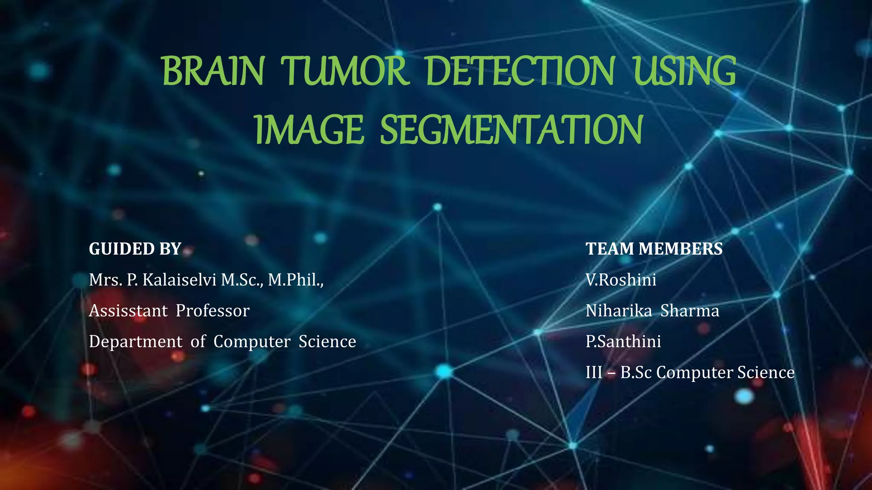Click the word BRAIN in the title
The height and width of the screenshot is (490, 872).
tap(213, 71)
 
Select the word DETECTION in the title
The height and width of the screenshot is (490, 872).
tap(520, 71)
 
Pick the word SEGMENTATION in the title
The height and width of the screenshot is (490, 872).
tap(511, 130)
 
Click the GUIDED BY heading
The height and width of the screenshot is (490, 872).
tap(135, 249)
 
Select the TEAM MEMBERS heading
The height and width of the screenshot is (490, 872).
tap(654, 249)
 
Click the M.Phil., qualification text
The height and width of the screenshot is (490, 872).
tap(295, 280)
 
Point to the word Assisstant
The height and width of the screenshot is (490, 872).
tap(128, 311)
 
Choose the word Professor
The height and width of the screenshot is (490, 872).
tap(212, 311)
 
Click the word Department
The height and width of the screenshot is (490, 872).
tap(135, 342)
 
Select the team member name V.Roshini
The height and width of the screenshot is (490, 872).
tap(621, 280)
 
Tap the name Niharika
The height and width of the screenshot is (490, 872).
tap(619, 311)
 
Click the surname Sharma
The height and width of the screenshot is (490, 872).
tap(690, 311)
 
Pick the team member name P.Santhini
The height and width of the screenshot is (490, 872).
tap(623, 342)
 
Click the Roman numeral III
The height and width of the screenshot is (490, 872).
tap(594, 373)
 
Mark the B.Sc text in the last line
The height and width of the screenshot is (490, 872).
tap(636, 373)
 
